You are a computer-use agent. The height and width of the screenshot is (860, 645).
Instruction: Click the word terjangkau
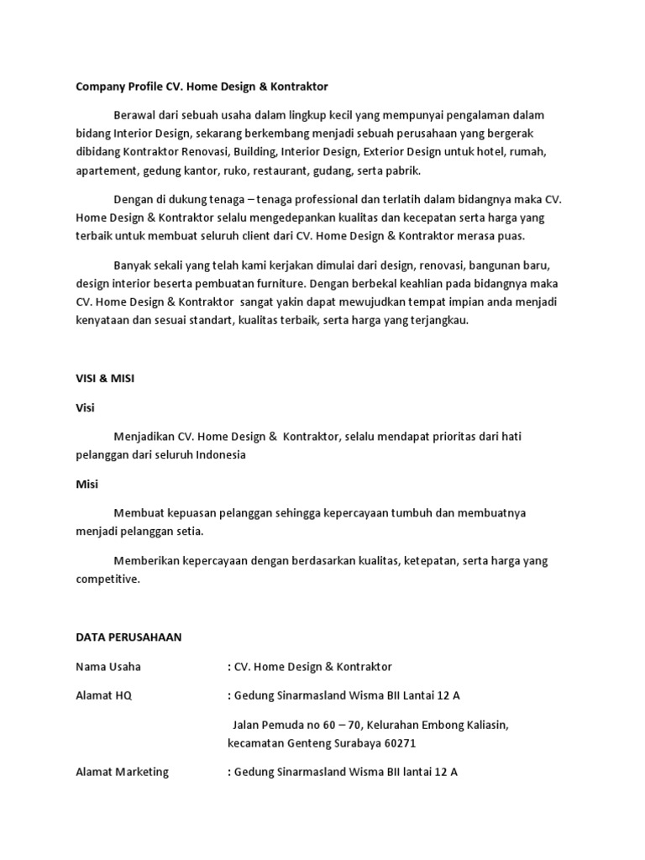[x=438, y=320]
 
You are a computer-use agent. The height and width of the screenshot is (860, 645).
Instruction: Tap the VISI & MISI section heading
[x=105, y=379]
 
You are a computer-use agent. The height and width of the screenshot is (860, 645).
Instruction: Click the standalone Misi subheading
[x=87, y=484]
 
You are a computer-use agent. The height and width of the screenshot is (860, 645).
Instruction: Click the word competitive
[x=108, y=579]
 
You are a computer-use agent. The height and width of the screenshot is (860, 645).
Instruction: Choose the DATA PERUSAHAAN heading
[x=128, y=637]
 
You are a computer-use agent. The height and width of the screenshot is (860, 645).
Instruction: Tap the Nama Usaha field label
[x=108, y=667]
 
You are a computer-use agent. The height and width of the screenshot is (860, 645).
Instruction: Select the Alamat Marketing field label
[x=122, y=772]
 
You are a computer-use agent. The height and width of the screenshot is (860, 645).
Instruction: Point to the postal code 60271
[x=398, y=743]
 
